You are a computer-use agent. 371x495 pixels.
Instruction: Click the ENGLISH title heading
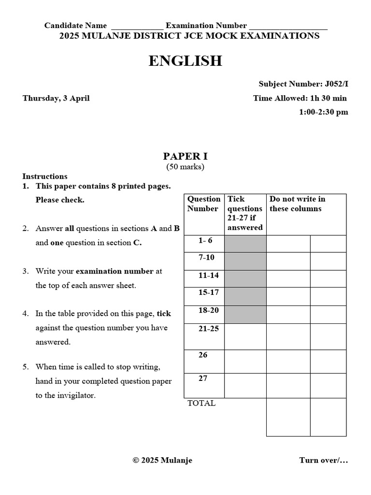click(x=185, y=61)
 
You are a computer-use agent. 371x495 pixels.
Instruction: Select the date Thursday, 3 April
click(x=56, y=98)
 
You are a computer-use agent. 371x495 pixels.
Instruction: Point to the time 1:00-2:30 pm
click(x=323, y=112)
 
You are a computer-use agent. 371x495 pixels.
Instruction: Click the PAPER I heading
click(x=185, y=156)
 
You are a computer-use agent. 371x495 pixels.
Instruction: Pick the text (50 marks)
click(x=185, y=167)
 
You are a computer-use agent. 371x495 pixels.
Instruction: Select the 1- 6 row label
click(x=205, y=240)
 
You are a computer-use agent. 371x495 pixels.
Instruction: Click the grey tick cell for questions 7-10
click(x=245, y=261)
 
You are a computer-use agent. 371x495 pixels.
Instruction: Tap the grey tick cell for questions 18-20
click(x=245, y=314)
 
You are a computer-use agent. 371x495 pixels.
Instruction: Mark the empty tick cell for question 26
click(x=245, y=361)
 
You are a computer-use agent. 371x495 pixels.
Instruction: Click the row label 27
click(x=203, y=379)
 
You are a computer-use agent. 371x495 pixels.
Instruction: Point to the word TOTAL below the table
click(x=201, y=403)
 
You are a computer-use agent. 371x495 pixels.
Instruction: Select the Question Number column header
click(x=204, y=204)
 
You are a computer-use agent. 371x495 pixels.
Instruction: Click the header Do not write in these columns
click(x=298, y=204)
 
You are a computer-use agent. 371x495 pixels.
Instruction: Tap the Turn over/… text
click(x=323, y=460)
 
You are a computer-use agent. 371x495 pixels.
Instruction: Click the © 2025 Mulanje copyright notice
click(x=162, y=460)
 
